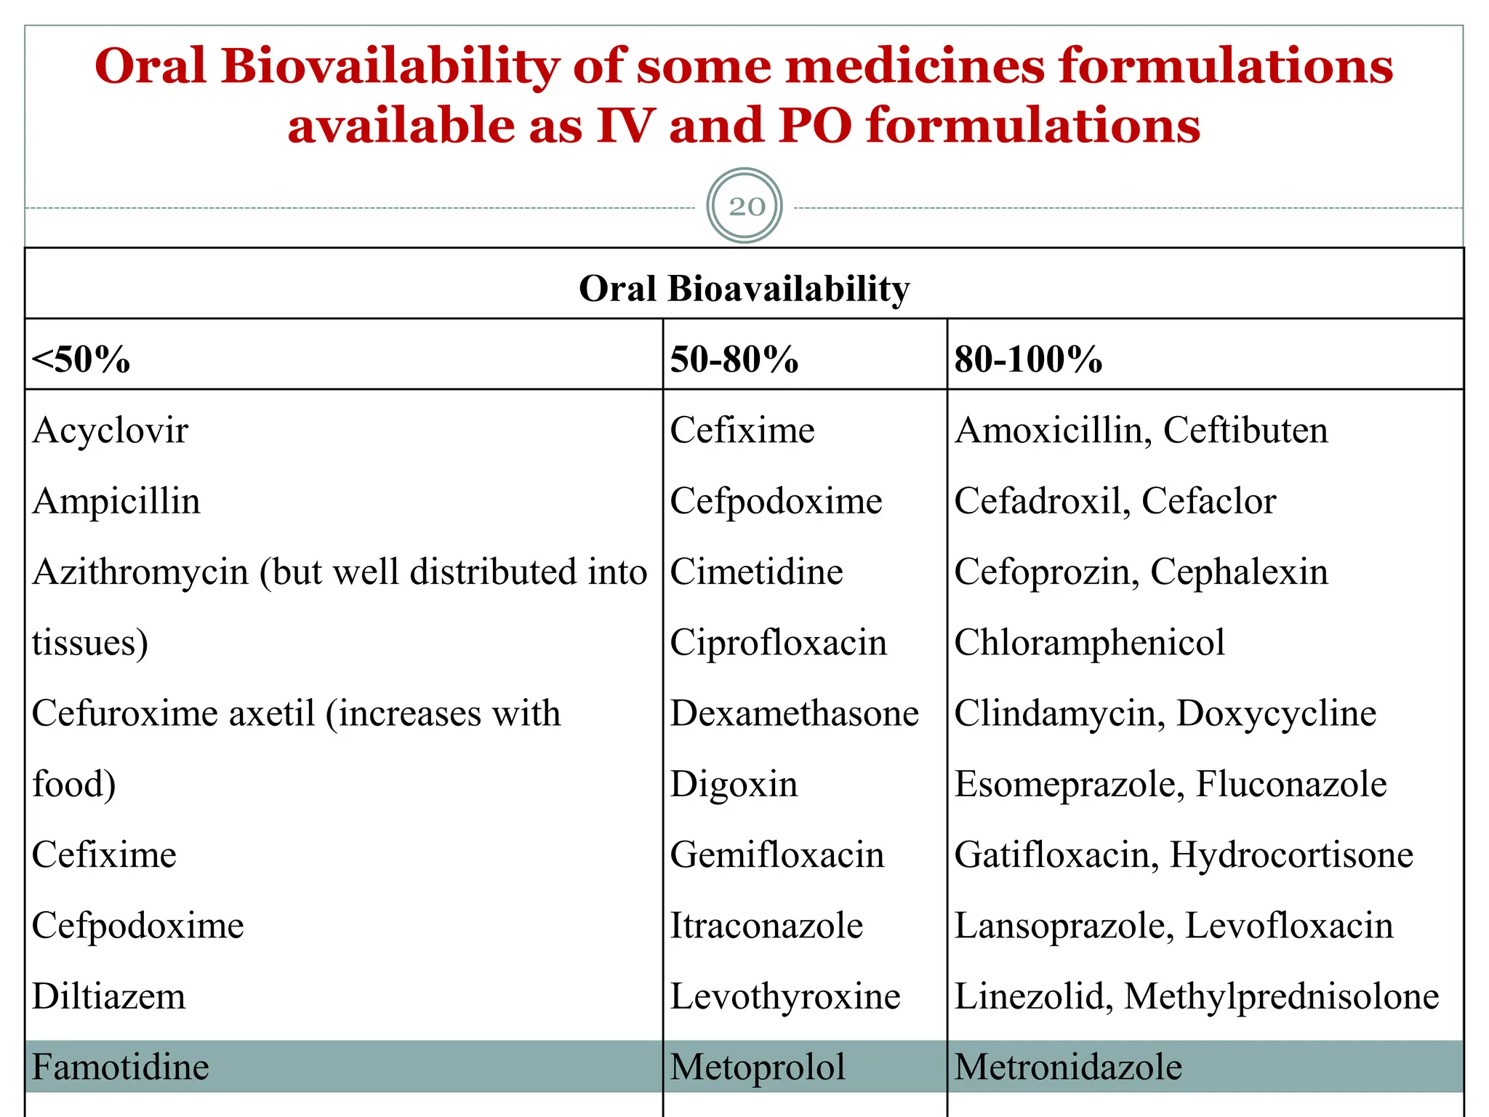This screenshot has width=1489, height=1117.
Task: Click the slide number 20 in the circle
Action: click(747, 207)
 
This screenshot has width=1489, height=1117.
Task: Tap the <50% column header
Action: click(81, 359)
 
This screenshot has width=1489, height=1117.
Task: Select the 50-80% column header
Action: click(734, 359)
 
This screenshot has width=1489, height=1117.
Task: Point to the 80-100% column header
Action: click(1028, 359)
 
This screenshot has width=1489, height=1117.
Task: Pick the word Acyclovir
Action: click(111, 431)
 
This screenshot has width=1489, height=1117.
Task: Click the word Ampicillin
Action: click(116, 501)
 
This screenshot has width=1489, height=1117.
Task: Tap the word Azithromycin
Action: click(141, 572)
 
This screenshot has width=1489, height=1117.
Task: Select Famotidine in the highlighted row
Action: click(121, 1067)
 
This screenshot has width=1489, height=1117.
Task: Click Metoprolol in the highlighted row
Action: click(758, 1067)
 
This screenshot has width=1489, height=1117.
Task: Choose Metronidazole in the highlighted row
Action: click(1068, 1067)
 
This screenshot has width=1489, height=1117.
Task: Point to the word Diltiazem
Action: click(109, 996)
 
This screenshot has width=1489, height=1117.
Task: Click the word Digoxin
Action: click(734, 784)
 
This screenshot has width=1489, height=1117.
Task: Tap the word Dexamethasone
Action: click(794, 713)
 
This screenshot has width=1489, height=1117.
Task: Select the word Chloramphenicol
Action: click(1089, 643)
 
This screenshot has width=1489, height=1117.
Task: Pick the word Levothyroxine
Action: click(785, 996)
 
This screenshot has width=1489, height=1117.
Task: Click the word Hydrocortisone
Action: click(1291, 855)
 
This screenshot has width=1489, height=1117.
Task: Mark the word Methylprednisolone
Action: click(1281, 996)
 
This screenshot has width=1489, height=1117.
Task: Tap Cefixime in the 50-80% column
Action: click(742, 431)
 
